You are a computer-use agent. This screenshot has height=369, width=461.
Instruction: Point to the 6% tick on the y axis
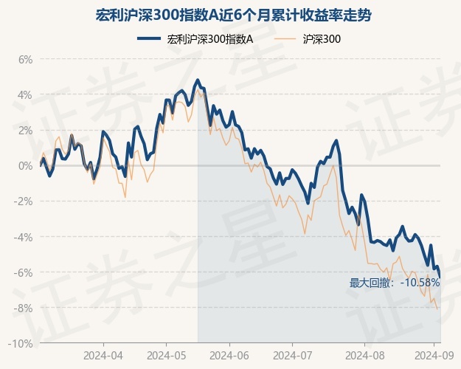[x=25, y=59]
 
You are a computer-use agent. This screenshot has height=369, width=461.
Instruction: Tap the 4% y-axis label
[x=25, y=94]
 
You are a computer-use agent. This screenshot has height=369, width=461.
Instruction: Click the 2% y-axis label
[x=25, y=130]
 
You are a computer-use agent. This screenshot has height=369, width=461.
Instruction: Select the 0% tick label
[x=25, y=165]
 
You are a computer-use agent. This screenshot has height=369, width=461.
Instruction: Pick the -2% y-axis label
[x=24, y=201]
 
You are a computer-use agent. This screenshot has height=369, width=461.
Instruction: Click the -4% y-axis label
[x=24, y=237]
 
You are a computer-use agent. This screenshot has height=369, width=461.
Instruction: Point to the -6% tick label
[x=24, y=272]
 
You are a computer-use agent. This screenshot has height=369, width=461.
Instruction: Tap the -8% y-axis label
[x=24, y=308]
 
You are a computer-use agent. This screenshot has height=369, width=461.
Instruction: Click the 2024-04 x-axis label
[x=103, y=355]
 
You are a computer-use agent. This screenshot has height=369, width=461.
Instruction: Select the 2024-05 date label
[x=167, y=355]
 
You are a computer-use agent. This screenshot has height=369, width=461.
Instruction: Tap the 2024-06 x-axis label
[x=229, y=355]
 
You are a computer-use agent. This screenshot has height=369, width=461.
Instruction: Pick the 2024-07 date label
[x=292, y=355]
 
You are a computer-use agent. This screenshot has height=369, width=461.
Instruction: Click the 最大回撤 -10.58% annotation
[x=395, y=283]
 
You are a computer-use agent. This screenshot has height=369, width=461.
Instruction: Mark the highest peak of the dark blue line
[x=198, y=80]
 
